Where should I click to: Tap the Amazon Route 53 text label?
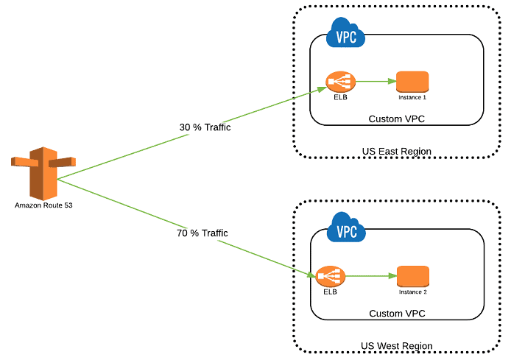(x=43, y=205)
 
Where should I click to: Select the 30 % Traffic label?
(x=205, y=127)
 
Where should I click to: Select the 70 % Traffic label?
(x=202, y=233)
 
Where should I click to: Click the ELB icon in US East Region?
(x=339, y=82)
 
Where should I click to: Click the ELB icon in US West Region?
(x=330, y=277)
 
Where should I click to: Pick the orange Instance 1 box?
(x=412, y=81)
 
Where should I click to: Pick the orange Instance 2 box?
(x=412, y=276)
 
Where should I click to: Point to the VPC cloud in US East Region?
(x=345, y=33)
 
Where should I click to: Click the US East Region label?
(x=396, y=152)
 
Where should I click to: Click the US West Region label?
(x=396, y=346)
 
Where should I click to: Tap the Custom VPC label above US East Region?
(x=397, y=119)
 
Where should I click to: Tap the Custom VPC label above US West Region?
(x=397, y=314)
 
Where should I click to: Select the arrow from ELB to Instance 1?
(x=376, y=82)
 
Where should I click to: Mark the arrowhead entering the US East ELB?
(x=322, y=88)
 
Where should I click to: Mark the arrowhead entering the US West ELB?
(x=312, y=274)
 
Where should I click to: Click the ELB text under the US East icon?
(x=339, y=98)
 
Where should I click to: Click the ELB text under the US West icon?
(x=330, y=292)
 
